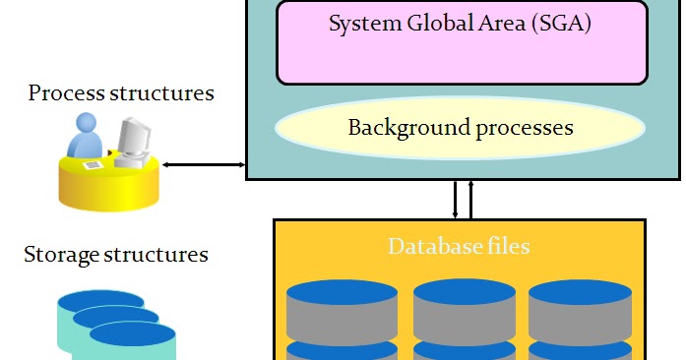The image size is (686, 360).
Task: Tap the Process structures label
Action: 121,94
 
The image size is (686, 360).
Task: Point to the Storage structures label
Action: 116,256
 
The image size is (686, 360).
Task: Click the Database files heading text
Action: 459,246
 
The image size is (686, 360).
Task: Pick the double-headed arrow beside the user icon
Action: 204,165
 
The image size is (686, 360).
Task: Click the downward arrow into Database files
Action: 455,199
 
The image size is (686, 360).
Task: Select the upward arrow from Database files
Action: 470,199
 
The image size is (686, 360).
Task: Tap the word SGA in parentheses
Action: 561,25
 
